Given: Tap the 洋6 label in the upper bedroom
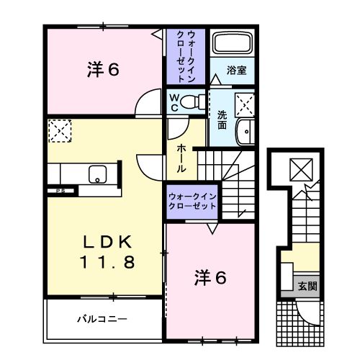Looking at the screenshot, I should point(103,70).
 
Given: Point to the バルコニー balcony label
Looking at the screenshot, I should point(103,318).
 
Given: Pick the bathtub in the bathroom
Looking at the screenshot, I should point(232,45).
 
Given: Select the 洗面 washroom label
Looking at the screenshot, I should point(222,118).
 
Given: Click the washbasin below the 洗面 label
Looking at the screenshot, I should point(245,132).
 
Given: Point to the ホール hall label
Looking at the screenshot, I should point(183,157).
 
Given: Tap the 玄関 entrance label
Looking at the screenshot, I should point(307,285).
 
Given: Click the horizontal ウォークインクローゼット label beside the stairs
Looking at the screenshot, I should point(192,201).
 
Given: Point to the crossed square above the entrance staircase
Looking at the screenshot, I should point(298,169).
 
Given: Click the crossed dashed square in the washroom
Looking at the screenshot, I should point(245,106).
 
